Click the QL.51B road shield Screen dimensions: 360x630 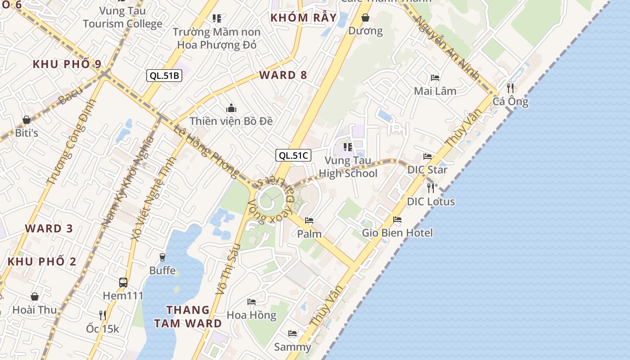[x=164, y=76]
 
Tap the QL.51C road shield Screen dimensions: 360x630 [x=293, y=156]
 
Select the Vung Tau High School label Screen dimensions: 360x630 [x=348, y=167]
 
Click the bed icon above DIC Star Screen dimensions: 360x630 [x=427, y=157]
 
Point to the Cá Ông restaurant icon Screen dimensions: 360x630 [x=510, y=87]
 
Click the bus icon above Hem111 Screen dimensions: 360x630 [x=123, y=283]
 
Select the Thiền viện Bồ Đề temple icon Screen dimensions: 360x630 [x=231, y=108]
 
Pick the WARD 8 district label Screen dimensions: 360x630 [x=283, y=75]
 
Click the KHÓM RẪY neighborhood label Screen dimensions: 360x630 [x=303, y=18]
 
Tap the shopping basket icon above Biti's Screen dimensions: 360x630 [x=27, y=120]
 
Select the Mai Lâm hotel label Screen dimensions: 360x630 [x=435, y=91]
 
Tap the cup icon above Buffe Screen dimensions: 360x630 [x=162, y=257]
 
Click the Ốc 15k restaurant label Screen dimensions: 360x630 [x=103, y=329]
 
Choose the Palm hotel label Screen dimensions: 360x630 [x=309, y=234]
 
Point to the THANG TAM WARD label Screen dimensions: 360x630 [x=188, y=316]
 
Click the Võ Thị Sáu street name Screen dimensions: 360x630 [x=228, y=269]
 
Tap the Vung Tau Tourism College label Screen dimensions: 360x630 [x=122, y=17]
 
